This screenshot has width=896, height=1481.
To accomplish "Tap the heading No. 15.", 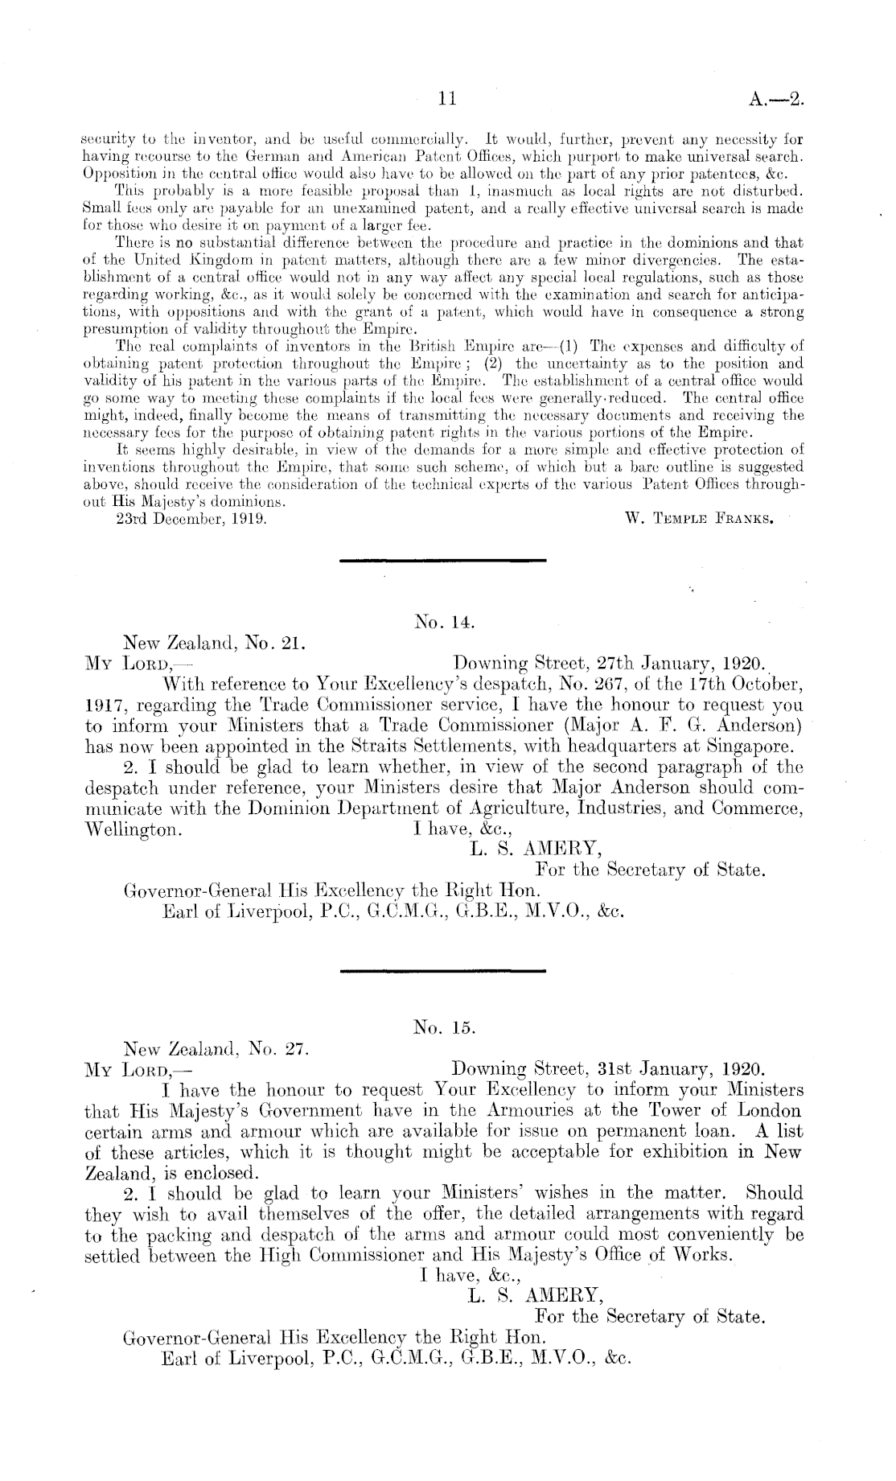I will (x=446, y=1027).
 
